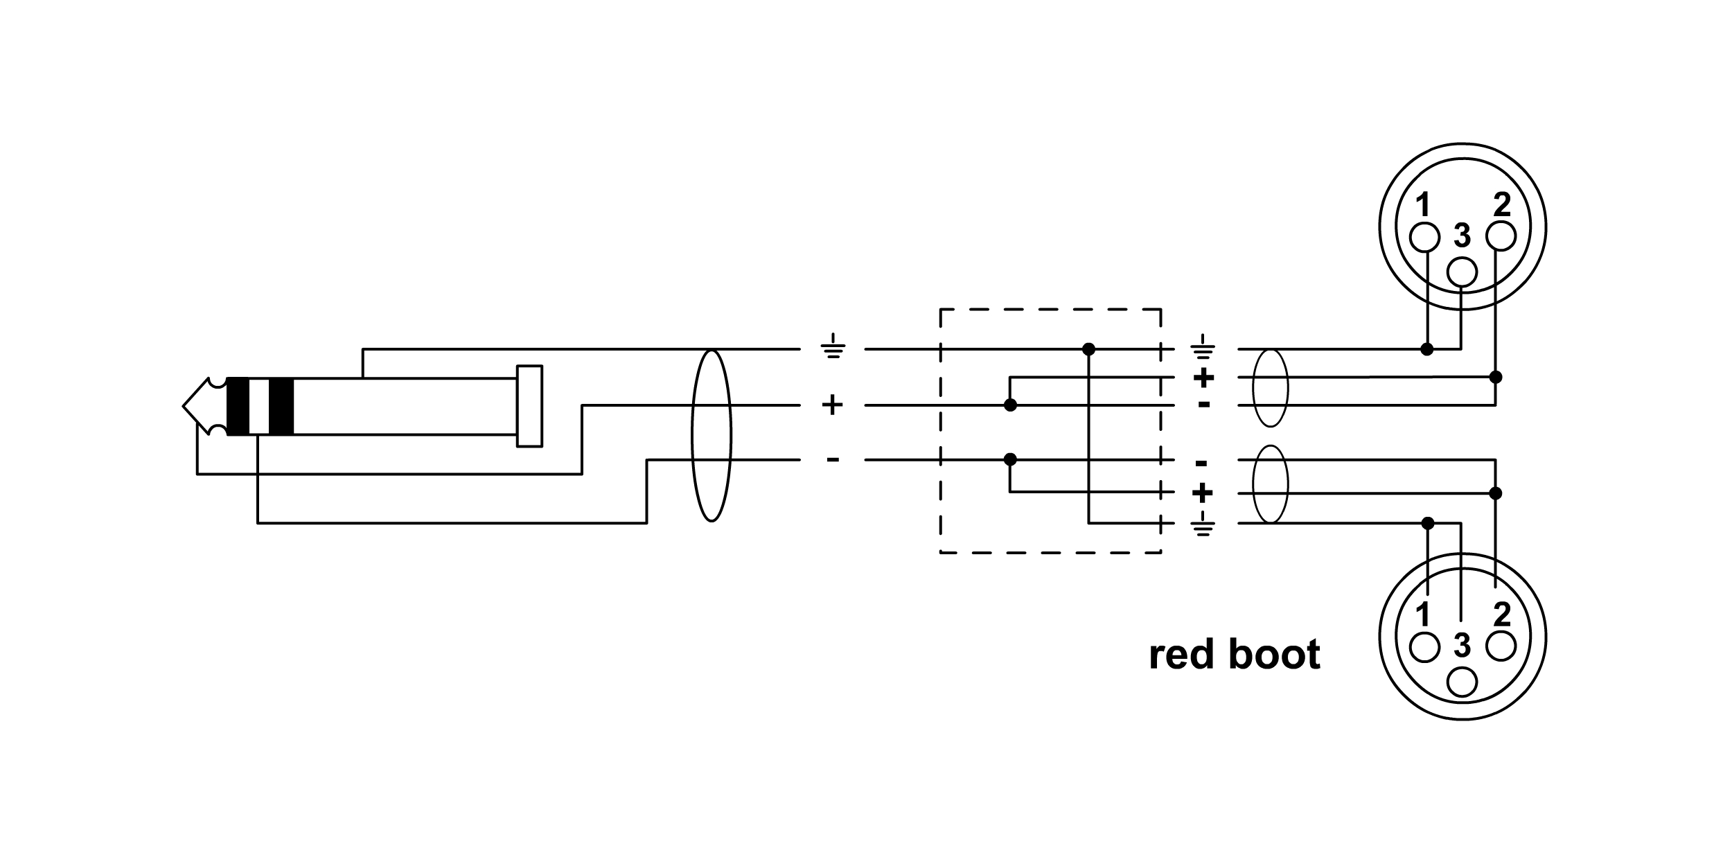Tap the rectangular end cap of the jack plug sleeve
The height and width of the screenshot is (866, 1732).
pos(529,406)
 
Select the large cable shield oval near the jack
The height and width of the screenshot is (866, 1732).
pos(712,436)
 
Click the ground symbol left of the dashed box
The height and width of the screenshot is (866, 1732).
pos(832,347)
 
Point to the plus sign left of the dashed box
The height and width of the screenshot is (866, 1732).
pos(832,405)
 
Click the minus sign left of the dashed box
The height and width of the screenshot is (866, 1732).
pos(833,459)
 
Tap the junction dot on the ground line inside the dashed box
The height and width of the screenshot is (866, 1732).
pos(1088,349)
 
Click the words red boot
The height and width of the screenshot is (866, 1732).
pos(1234,655)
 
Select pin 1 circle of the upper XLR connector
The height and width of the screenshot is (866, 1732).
pos(1424,237)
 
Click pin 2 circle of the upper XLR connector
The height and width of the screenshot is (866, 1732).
pos(1501,237)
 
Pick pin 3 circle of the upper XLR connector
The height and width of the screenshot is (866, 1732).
pos(1463,272)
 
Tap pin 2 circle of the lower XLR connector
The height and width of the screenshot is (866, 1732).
pos(1501,646)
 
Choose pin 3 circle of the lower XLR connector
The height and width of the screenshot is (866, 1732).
pos(1463,682)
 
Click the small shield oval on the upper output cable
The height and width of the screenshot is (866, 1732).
pos(1271,388)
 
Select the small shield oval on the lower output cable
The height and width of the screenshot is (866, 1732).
pos(1271,484)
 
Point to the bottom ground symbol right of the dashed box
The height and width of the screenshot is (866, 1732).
pos(1204,526)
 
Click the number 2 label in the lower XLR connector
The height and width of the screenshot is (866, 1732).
pos(1502,615)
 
